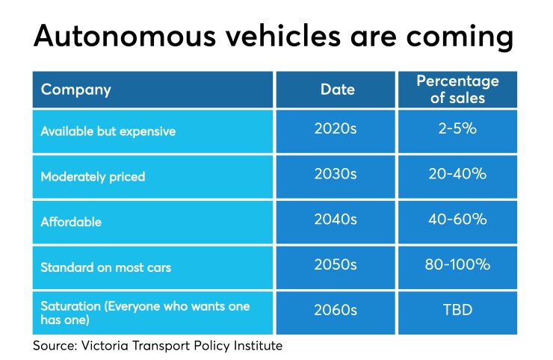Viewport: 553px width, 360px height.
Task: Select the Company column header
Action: point(75,90)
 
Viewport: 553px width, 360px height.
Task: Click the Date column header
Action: point(338,90)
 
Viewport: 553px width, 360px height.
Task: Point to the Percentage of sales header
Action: point(457,90)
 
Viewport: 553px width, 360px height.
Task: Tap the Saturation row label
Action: point(145,312)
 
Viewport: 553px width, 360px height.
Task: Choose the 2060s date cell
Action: point(338,310)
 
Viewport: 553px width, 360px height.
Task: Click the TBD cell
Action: point(457,310)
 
